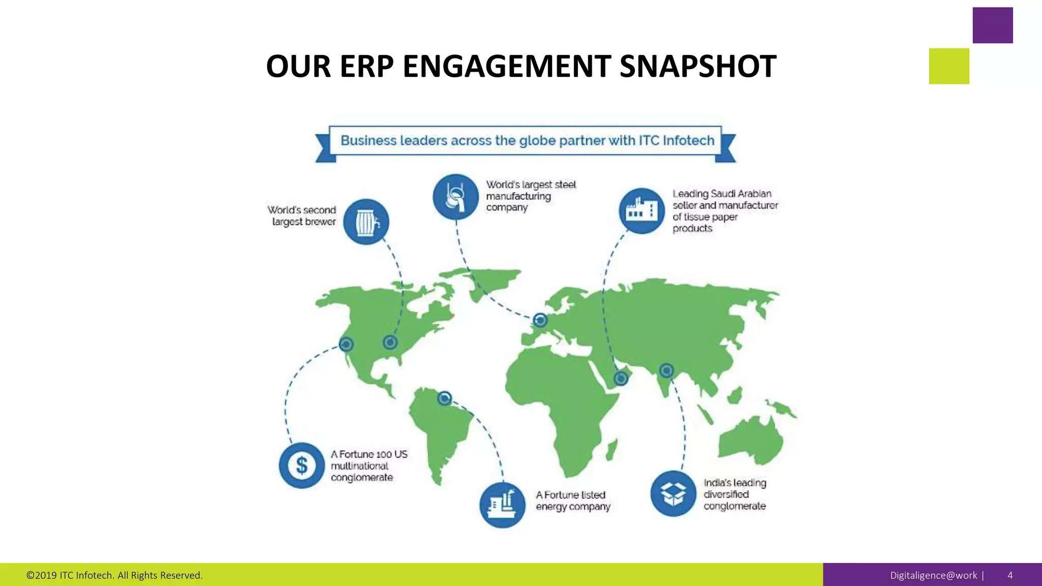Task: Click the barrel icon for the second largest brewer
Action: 366,222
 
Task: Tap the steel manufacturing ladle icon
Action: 455,197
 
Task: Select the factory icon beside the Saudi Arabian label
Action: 642,211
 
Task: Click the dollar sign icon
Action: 302,465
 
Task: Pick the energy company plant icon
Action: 502,505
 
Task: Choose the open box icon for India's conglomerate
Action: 673,493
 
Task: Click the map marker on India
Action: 667,370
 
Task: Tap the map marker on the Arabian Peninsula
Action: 621,378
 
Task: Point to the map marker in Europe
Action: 540,320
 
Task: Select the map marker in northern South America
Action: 445,398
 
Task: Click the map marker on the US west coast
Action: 346,344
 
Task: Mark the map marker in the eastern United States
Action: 390,342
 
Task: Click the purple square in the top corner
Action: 993,25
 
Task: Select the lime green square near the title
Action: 949,66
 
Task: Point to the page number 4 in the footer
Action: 1010,575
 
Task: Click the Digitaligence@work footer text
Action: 934,575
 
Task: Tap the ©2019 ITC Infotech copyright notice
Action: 114,575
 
